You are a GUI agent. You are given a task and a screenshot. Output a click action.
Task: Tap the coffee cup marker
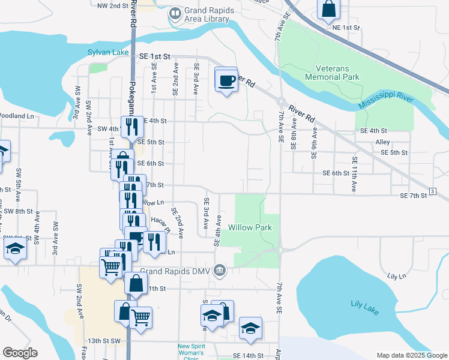(226, 81)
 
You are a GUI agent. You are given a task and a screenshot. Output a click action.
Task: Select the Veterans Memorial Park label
(332, 73)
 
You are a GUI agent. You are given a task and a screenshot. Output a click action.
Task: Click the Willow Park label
(250, 227)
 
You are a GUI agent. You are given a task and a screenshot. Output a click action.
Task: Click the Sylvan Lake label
(108, 52)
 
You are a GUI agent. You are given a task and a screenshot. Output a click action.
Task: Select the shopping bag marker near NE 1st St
(328, 10)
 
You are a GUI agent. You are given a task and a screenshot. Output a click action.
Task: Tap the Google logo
(19, 353)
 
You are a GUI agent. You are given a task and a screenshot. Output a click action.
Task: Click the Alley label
(382, 142)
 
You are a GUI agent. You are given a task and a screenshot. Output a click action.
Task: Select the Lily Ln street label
(397, 276)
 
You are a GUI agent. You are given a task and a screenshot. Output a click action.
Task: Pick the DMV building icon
(220, 270)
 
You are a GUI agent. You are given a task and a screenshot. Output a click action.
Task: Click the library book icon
(175, 13)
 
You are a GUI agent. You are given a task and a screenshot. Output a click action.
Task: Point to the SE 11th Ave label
(354, 174)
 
